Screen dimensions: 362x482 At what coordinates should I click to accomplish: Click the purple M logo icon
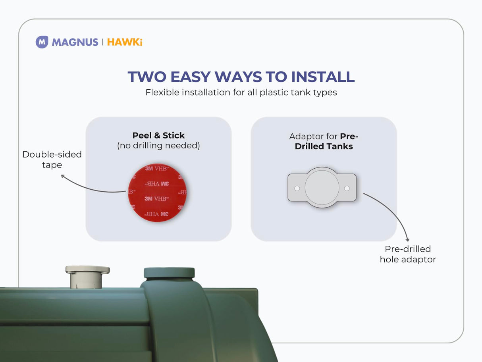pyautogui.click(x=42, y=42)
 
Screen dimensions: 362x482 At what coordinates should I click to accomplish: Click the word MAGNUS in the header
pyautogui.click(x=75, y=42)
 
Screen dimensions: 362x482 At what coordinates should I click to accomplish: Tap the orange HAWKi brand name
pyautogui.click(x=125, y=42)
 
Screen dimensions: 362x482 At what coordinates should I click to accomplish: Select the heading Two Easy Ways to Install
pyautogui.click(x=241, y=77)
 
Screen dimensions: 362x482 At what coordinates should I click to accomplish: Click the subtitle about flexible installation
pyautogui.click(x=241, y=92)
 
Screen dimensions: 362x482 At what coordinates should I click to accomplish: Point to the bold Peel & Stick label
pyautogui.click(x=158, y=135)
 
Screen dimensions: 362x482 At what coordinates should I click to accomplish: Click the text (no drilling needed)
pyautogui.click(x=158, y=146)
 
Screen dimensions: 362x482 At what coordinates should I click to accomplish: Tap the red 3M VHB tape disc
pyautogui.click(x=158, y=193)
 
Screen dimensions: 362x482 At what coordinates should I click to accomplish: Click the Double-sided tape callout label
pyautogui.click(x=52, y=159)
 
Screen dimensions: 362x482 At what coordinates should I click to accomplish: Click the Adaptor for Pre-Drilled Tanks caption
pyautogui.click(x=324, y=141)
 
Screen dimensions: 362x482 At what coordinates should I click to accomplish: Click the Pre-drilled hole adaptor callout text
pyautogui.click(x=408, y=254)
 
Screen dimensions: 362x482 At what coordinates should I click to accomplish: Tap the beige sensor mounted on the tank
pyautogui.click(x=87, y=277)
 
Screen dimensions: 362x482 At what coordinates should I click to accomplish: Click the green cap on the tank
pyautogui.click(x=169, y=273)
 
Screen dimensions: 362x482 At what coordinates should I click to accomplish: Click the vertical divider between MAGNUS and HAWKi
pyautogui.click(x=103, y=42)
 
